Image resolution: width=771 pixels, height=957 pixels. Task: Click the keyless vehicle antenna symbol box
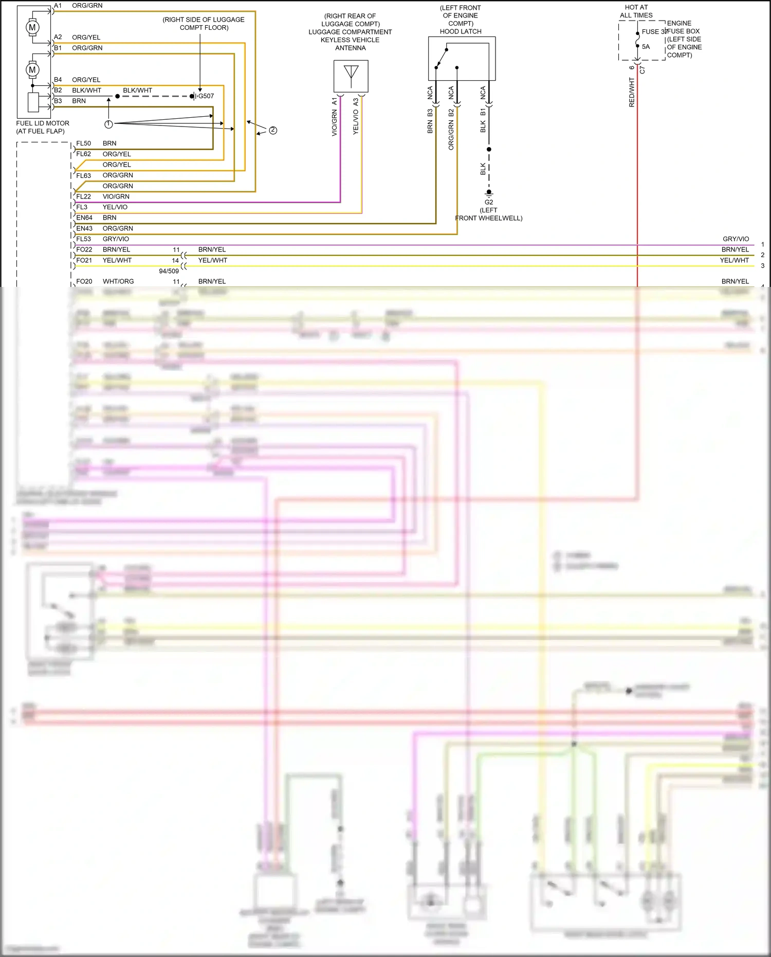[351, 76]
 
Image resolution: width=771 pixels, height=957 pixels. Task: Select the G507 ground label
[206, 96]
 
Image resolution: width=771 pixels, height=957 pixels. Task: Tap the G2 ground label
[489, 202]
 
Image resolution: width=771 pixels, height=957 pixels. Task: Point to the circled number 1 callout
[108, 124]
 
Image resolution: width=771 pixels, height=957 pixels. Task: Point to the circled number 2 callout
[273, 130]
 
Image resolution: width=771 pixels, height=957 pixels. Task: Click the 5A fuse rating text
[646, 47]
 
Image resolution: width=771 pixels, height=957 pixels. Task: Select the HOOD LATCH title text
[461, 31]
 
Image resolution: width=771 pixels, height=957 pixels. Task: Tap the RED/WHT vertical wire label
[632, 93]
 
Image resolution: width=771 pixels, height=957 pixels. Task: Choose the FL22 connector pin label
[84, 196]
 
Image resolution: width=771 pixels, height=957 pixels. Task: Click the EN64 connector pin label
[84, 218]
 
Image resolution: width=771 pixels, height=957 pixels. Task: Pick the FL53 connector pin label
[84, 239]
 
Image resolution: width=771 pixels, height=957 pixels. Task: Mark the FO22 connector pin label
[84, 249]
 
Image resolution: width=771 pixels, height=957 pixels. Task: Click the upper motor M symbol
[32, 27]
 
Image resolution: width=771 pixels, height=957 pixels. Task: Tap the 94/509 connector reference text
[169, 271]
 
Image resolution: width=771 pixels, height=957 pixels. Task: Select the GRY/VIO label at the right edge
[736, 239]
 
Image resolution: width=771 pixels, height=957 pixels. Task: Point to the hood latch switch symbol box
[462, 58]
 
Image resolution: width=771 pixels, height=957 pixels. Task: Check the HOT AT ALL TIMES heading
[636, 11]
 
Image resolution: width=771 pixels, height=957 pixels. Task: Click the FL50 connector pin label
[84, 143]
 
